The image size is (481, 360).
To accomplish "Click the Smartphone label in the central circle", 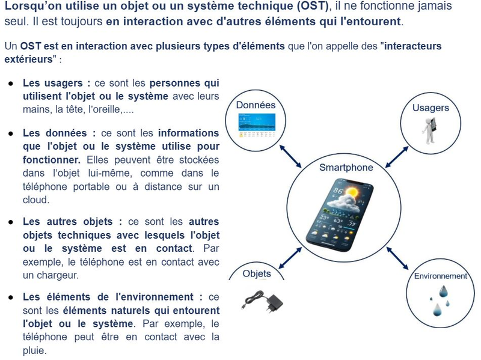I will (346, 168).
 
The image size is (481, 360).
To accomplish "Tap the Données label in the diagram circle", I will (256, 105).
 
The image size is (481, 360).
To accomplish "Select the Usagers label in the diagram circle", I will (430, 108).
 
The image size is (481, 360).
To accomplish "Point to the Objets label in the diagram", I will (257, 274).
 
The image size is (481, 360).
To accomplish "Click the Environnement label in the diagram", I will (441, 276).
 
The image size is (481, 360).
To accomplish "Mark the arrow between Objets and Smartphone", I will (290, 255).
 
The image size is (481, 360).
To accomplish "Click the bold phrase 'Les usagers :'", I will (57, 83).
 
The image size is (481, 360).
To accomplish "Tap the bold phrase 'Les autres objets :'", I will (72, 221).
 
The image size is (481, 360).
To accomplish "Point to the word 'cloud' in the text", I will (35, 200).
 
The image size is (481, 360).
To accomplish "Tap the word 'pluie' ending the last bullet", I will (34, 350).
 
